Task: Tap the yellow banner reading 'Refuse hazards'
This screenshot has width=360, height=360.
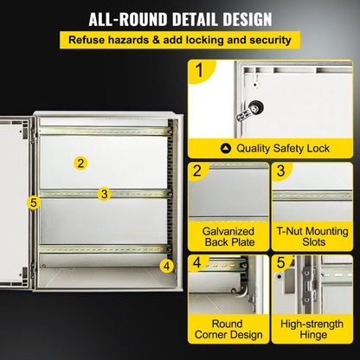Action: (x=179, y=40)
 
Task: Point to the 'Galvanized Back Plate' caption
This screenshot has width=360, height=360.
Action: (x=228, y=238)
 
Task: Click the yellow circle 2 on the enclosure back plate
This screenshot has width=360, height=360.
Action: (x=80, y=163)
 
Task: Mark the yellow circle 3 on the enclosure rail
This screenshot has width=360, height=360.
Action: (x=104, y=194)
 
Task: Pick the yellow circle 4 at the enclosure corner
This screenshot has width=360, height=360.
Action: (x=166, y=266)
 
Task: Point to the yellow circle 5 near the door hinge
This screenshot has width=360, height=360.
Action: (x=34, y=202)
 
